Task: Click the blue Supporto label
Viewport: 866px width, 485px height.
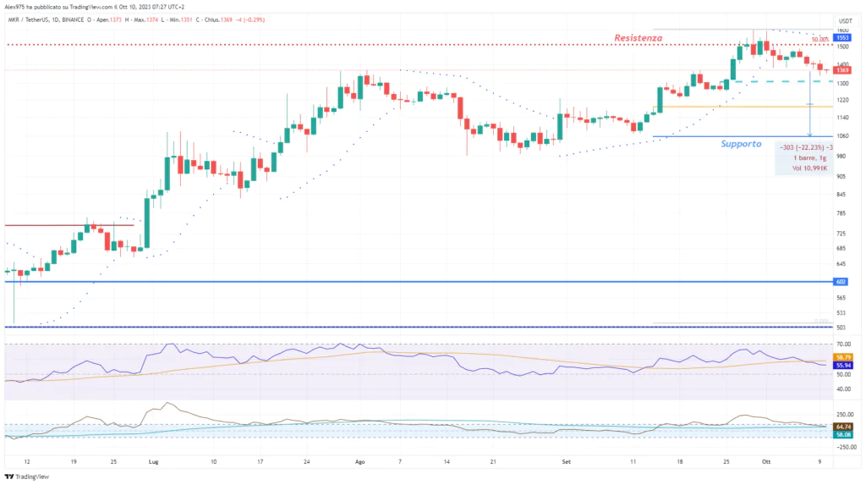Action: (x=741, y=144)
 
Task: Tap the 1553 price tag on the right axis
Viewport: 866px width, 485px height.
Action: (x=843, y=38)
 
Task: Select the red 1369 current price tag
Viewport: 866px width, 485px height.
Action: (x=843, y=70)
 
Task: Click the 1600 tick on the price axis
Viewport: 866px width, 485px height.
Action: (x=843, y=30)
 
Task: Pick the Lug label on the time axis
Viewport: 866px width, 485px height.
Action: (x=153, y=463)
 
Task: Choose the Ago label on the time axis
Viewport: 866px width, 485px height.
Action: (x=360, y=463)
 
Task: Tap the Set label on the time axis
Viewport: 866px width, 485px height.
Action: (x=567, y=463)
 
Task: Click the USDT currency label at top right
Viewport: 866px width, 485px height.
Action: (x=844, y=20)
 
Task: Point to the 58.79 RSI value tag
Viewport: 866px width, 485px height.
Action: (x=843, y=357)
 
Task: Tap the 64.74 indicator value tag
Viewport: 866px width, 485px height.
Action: (x=843, y=427)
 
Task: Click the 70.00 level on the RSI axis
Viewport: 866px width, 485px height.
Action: (x=843, y=344)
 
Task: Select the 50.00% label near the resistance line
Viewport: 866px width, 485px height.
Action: (x=819, y=40)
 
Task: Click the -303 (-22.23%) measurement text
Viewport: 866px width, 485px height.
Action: (x=803, y=146)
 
